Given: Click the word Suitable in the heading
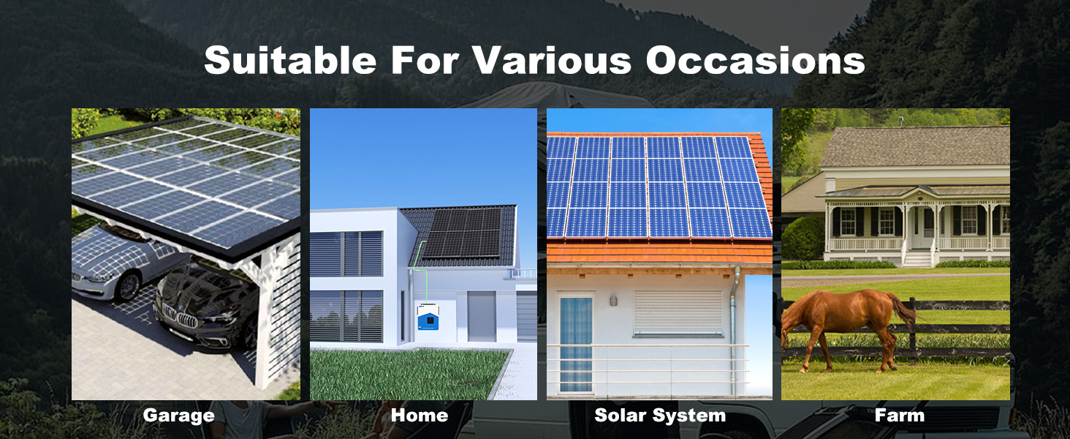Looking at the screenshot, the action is click(290, 60).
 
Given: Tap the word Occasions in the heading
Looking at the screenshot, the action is click(755, 60).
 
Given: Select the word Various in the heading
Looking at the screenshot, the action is click(553, 60).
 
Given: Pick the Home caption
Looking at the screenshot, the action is click(420, 415).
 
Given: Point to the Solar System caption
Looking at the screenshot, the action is click(660, 416).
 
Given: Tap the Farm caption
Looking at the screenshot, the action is click(900, 415).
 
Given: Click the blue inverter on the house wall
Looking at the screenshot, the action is click(428, 316).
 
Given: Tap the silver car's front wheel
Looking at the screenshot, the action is click(128, 287).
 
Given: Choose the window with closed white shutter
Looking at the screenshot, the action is click(678, 312).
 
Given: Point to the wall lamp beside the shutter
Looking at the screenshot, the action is click(613, 301).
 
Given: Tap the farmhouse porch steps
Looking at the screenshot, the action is click(917, 259).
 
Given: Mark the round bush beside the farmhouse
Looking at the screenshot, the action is click(802, 239).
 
